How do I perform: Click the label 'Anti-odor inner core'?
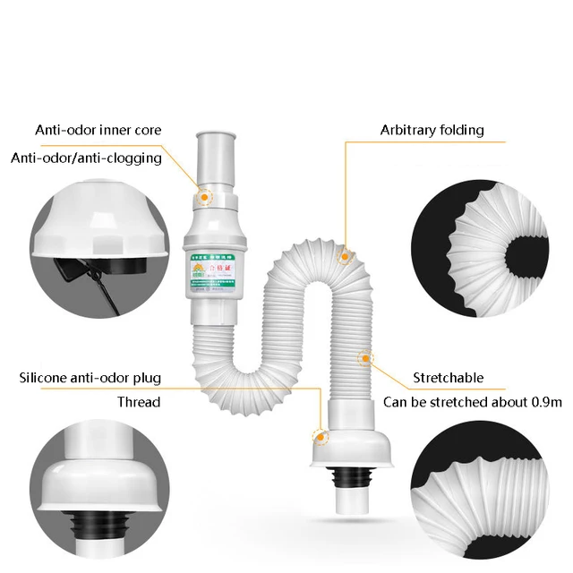pos(98,130)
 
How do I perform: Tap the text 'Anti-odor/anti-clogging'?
pos(86,158)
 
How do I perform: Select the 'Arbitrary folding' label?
pos(432,130)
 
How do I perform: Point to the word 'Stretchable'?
pos(448,377)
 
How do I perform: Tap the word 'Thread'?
pos(139,401)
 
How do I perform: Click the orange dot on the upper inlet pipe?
pos(205,194)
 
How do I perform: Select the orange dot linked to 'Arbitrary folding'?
pos(344,256)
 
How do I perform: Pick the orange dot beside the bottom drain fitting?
pos(318,436)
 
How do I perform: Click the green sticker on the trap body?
pos(212,273)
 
